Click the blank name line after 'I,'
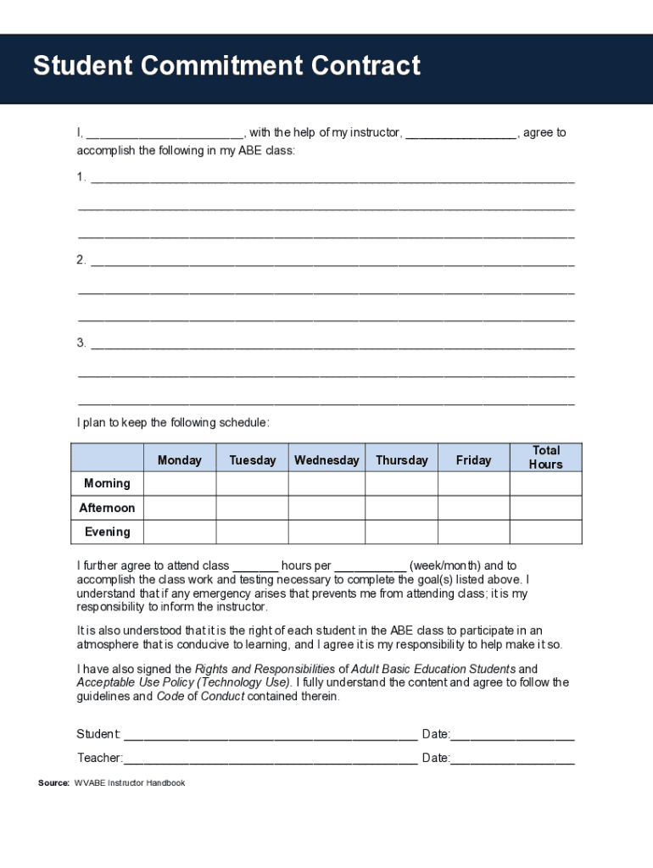coord(165,134)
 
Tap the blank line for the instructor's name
coord(460,134)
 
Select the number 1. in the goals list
coord(81,177)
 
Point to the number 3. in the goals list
coord(81,343)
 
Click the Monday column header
coord(179,460)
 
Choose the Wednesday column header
coord(326,460)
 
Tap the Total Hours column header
coord(545,458)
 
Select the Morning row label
coord(107,483)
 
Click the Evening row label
coord(107,531)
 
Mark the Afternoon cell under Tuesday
coord(252,508)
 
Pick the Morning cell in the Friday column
coord(473,483)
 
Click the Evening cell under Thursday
coord(401,531)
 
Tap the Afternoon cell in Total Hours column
coord(545,508)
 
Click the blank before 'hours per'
coord(255,566)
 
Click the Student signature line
coord(270,735)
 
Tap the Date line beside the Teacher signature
coord(512,759)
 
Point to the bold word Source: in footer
coord(53,783)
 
